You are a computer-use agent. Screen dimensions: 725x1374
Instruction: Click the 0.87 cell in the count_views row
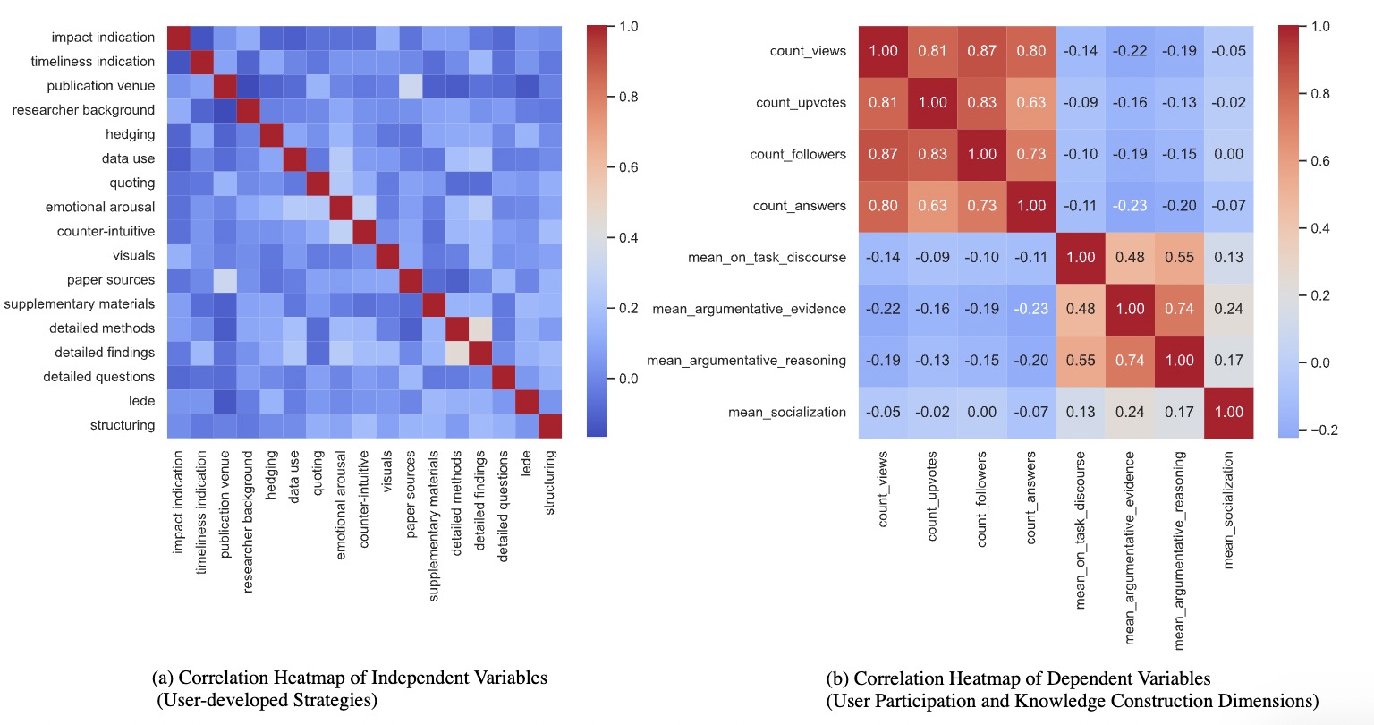981,51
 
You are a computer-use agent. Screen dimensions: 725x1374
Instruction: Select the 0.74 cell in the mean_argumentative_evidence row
1179,309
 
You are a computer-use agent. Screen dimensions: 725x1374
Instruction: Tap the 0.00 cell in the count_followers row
1228,154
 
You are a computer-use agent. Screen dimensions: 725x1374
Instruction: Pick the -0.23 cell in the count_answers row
1130,206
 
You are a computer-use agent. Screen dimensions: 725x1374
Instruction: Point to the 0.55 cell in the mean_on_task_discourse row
1179,258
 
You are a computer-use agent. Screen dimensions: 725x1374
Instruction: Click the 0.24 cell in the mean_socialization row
1130,412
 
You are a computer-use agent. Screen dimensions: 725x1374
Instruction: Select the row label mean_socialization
786,412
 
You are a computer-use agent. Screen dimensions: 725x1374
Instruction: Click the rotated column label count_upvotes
932,496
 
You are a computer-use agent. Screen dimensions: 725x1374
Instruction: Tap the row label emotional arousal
100,207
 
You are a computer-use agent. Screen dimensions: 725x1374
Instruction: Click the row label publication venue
100,86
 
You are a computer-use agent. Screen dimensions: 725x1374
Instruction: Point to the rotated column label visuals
387,471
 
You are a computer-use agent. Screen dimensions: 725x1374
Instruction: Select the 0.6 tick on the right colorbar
1320,161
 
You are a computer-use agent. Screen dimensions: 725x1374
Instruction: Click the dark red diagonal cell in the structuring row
550,425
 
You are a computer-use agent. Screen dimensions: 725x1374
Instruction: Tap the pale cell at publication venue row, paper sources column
411,86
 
